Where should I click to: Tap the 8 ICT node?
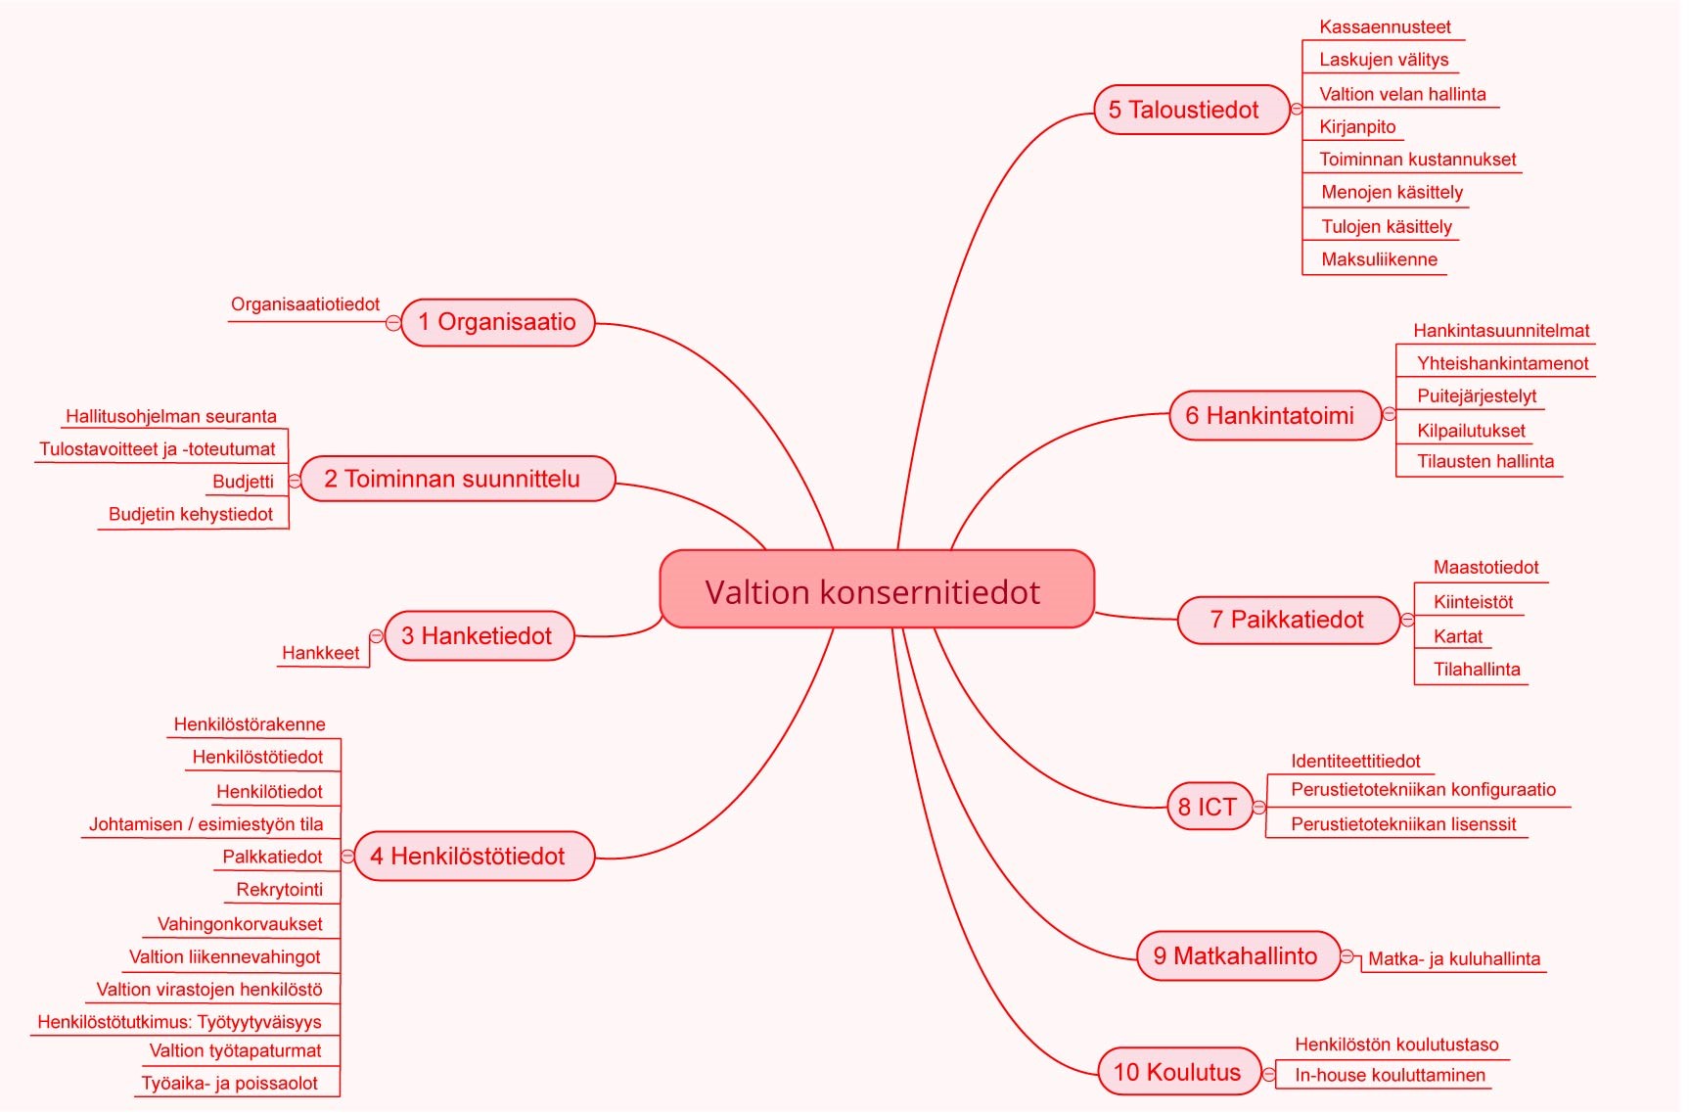pos(1210,807)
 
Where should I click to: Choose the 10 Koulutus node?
pos(1177,1072)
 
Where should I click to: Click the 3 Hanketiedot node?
pos(479,636)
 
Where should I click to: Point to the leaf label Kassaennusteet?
pos(1385,27)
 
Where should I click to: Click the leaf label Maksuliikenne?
pos(1379,259)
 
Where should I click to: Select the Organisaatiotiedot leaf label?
pos(305,304)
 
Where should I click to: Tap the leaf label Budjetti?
pos(243,482)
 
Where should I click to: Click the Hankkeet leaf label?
pos(320,653)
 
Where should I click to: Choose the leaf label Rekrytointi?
pos(280,890)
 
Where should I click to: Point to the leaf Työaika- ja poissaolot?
pos(230,1084)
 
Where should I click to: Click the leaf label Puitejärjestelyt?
pos(1477,396)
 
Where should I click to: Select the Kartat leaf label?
pos(1458,636)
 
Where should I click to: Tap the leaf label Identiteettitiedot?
pos(1355,762)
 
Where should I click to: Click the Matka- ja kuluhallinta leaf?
pos(1454,959)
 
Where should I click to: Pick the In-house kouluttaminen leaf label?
pos(1390,1076)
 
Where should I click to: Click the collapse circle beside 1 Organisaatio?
pos(393,322)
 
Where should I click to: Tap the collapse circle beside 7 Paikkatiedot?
pos(1407,620)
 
